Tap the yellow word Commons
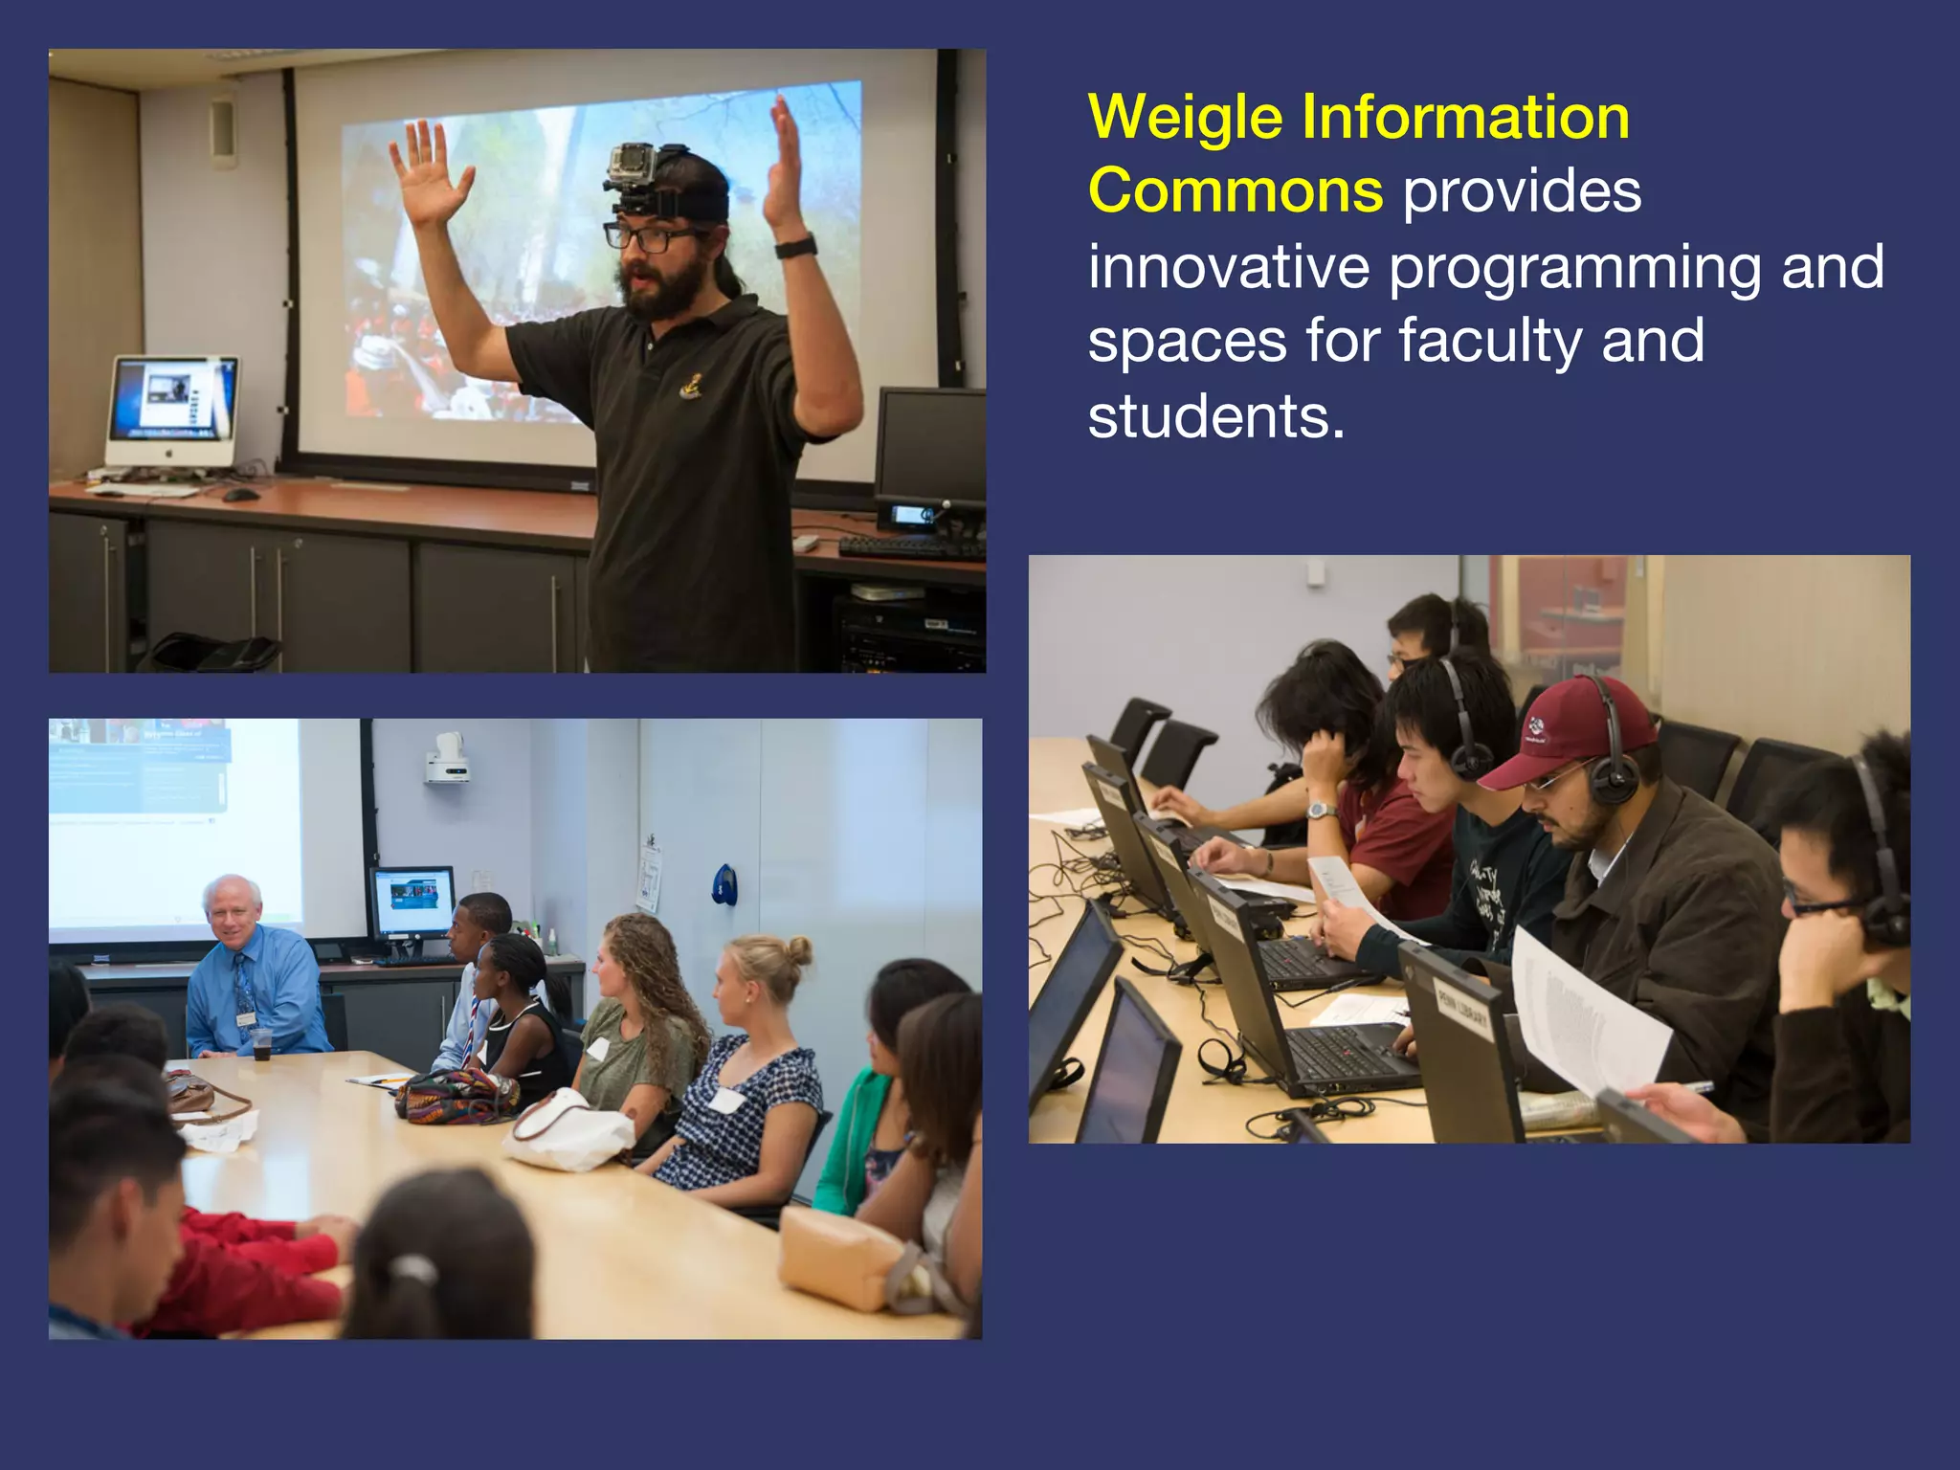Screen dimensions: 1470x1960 [1235, 190]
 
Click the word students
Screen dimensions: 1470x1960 [1215, 416]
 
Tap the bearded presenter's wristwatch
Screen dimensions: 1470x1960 [795, 247]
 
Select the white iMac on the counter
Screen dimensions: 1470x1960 [172, 412]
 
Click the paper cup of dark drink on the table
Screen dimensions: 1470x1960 [261, 1045]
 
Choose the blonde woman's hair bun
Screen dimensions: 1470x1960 [796, 950]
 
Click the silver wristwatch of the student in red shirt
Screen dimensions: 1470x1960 [1322, 811]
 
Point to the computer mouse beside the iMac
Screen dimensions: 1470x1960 [240, 494]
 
